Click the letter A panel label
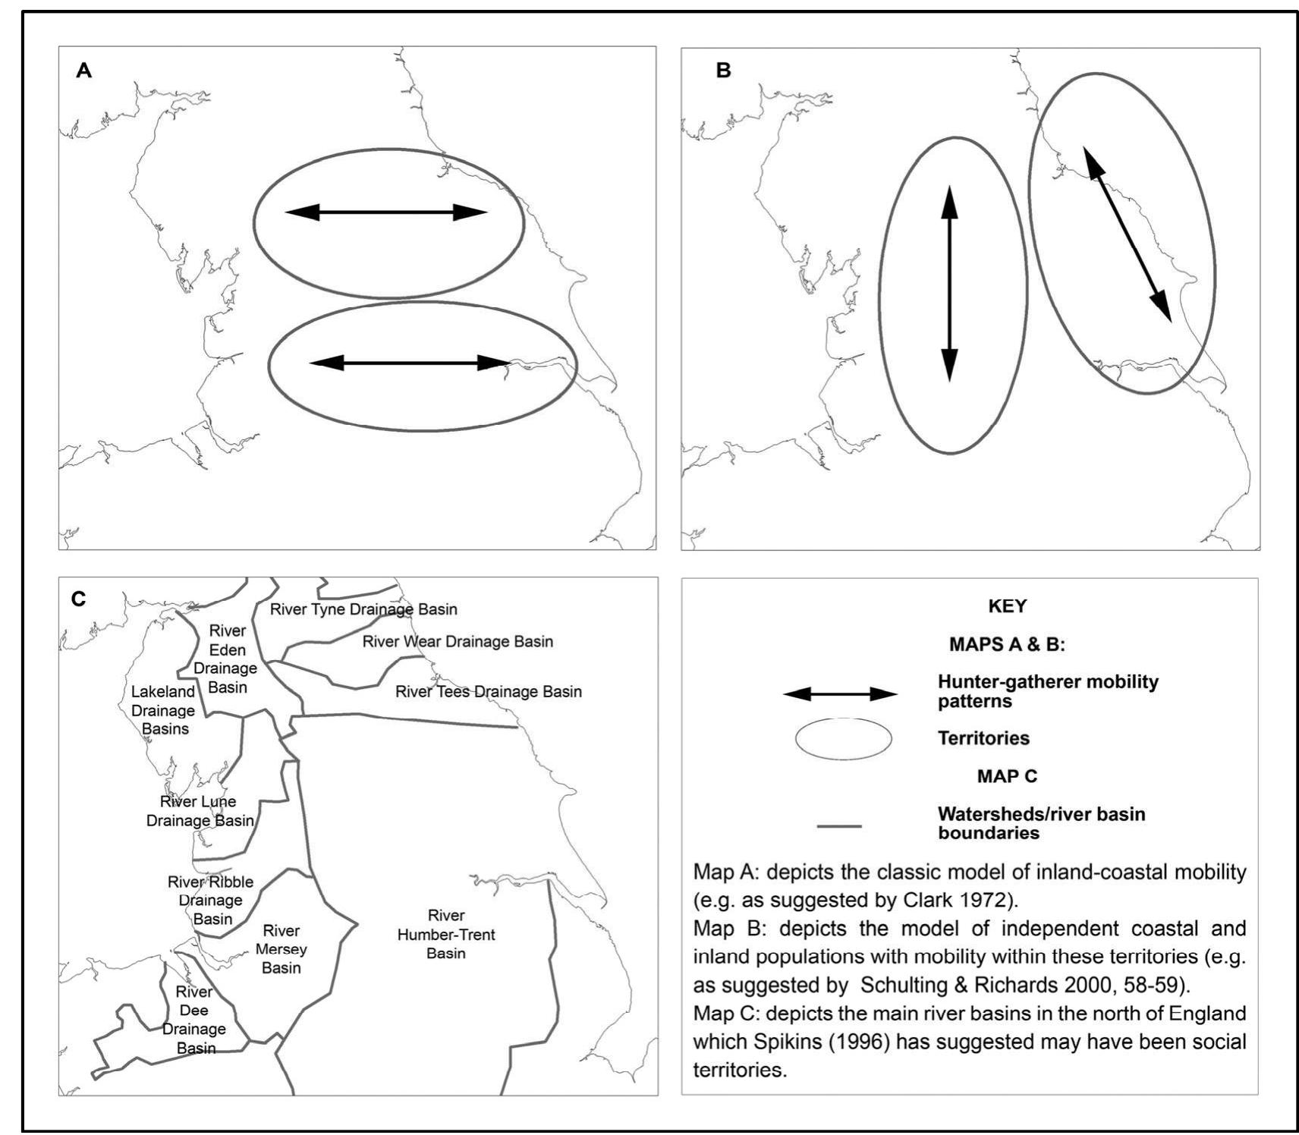click(x=83, y=71)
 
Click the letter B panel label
click(x=723, y=71)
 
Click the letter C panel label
click(x=78, y=599)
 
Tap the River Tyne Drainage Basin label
click(x=363, y=609)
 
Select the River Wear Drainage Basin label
click(x=458, y=642)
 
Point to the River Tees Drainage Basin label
click(x=489, y=692)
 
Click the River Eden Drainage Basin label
click(x=226, y=659)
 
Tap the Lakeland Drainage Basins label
click(x=163, y=710)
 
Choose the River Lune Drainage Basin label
click(x=200, y=811)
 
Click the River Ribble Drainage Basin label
click(x=211, y=901)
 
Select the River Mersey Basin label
click(x=282, y=949)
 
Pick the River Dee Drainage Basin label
click(x=194, y=1020)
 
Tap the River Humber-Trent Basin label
click(x=446, y=934)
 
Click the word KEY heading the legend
click(x=1007, y=606)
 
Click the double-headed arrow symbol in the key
click(x=840, y=693)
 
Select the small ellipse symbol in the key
click(x=843, y=738)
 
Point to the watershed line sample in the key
click(x=839, y=825)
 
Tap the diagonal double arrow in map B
click(x=1127, y=234)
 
